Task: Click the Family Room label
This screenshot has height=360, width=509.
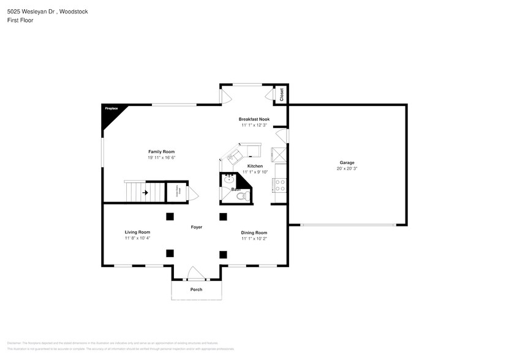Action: coord(161,151)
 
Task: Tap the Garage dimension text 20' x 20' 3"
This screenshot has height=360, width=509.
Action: coord(347,168)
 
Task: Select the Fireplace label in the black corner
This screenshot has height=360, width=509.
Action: coord(111,108)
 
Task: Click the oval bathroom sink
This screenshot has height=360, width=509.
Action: coord(228,181)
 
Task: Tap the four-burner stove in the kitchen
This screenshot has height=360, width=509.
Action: coord(281,185)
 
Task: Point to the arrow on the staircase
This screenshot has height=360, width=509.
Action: coord(145,193)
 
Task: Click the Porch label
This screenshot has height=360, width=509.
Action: coord(196,290)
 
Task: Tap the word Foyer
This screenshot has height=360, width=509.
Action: coord(196,227)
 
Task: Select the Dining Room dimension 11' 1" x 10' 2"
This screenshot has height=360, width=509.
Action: coord(254,238)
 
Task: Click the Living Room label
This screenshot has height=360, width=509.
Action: coord(137,232)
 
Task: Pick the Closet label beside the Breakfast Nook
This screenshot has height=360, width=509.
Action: coord(282,95)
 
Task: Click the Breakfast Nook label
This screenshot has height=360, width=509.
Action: coord(254,119)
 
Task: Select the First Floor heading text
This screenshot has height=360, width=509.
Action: coord(20,20)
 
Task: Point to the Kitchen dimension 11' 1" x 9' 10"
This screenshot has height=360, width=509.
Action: coord(255,173)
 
